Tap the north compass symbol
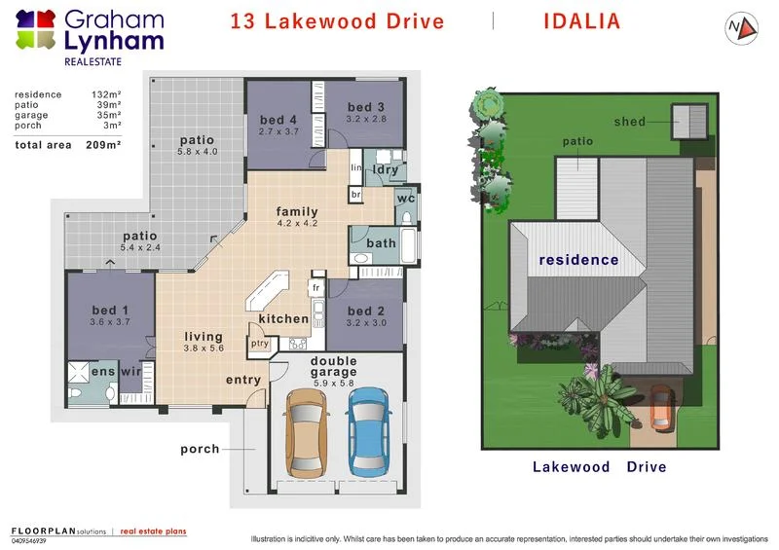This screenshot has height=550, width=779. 740,28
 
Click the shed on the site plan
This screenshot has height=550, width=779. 690,122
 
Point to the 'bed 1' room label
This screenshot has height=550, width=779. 110,311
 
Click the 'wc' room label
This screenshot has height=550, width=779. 405,200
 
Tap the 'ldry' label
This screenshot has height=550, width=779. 386,169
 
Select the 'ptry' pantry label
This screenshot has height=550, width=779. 260,343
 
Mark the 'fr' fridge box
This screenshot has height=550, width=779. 316,288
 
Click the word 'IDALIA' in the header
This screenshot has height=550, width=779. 581,21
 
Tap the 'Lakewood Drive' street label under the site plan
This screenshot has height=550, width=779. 599,467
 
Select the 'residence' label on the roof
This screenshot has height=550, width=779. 578,260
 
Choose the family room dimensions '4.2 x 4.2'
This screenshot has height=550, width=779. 297,224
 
